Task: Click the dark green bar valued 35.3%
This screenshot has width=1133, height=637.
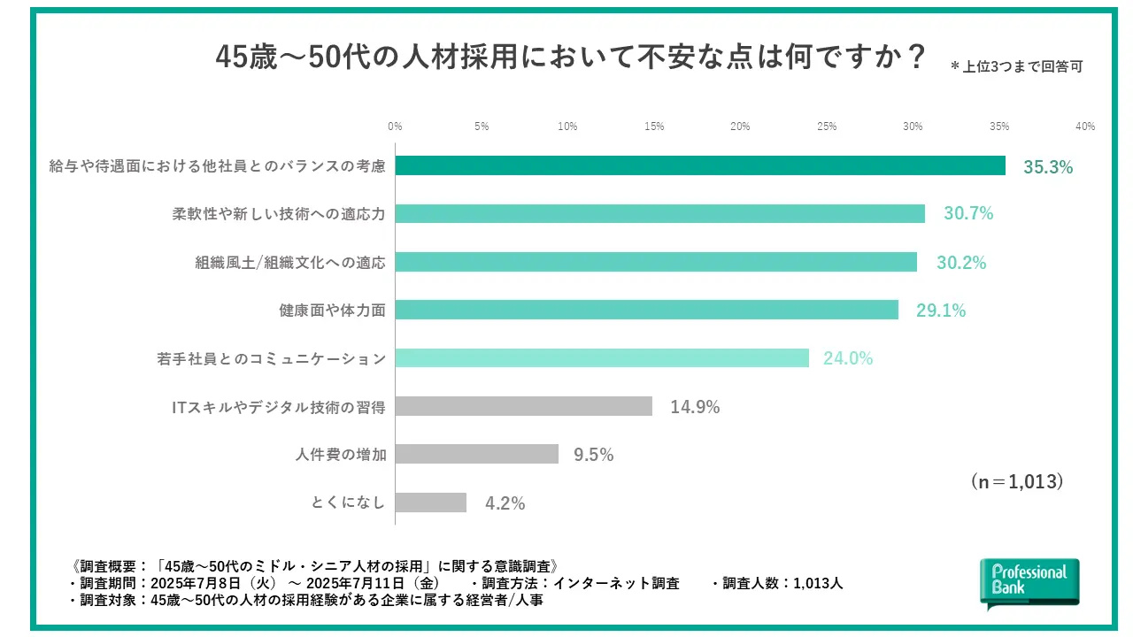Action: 700,166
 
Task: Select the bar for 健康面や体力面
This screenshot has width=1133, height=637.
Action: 646,310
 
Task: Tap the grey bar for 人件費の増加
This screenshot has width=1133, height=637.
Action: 477,454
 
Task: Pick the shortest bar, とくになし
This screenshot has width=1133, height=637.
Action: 431,503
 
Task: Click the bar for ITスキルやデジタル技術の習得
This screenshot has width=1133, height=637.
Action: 524,406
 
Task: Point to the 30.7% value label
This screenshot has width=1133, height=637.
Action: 968,214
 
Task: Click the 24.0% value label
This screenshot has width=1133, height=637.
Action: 848,358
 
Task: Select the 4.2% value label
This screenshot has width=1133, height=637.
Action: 505,503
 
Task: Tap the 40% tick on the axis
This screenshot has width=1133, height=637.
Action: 1085,127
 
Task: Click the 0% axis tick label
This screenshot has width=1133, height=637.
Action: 396,127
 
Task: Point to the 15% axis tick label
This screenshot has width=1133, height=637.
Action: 654,127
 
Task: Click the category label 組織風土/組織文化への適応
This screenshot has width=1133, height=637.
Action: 290,262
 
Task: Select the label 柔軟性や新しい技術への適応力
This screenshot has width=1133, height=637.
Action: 279,214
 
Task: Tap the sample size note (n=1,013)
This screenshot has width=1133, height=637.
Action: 1017,481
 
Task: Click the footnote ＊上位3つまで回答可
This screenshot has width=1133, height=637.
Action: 1016,66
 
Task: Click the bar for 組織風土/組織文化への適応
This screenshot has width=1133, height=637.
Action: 656,262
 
